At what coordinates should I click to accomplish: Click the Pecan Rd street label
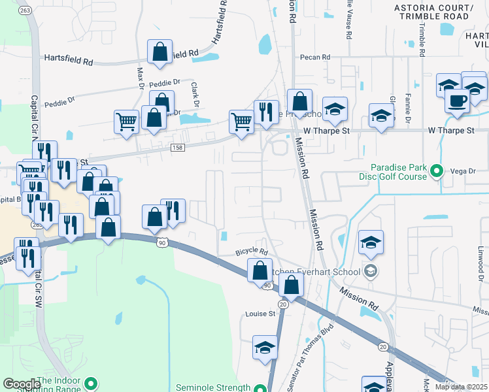coord(315,57)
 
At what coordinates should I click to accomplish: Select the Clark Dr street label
coord(194,95)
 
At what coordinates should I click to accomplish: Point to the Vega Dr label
coord(463,171)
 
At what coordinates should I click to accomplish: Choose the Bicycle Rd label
coord(252,252)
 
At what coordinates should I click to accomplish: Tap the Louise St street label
coord(260,314)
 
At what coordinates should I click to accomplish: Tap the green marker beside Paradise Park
coord(437,172)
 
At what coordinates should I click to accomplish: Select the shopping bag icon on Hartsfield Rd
coord(160,51)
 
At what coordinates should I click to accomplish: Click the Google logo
coord(22,384)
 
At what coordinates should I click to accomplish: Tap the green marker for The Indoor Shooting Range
coord(92,384)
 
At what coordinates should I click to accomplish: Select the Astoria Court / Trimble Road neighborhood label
coord(441,12)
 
